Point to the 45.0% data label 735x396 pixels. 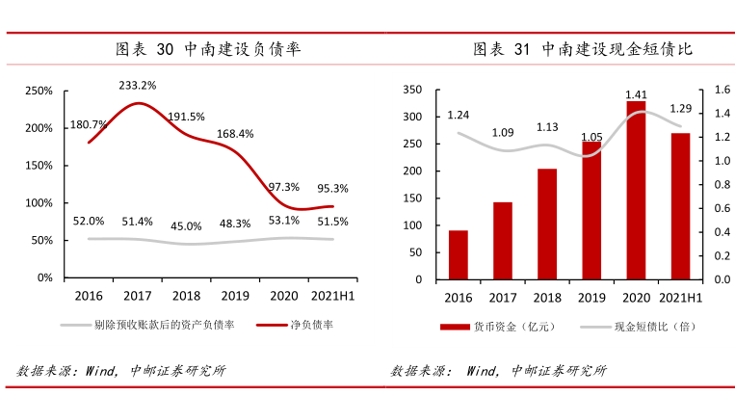click(x=186, y=226)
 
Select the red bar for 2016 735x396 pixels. click(x=459, y=255)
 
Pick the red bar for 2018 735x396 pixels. click(x=547, y=224)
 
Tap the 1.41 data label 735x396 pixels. click(x=636, y=94)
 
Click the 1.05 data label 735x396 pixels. click(x=591, y=137)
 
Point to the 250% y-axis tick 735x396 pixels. click(x=39, y=91)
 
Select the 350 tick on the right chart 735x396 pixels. click(x=411, y=90)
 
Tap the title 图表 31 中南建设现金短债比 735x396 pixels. click(x=583, y=49)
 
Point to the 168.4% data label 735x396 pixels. click(x=235, y=134)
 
